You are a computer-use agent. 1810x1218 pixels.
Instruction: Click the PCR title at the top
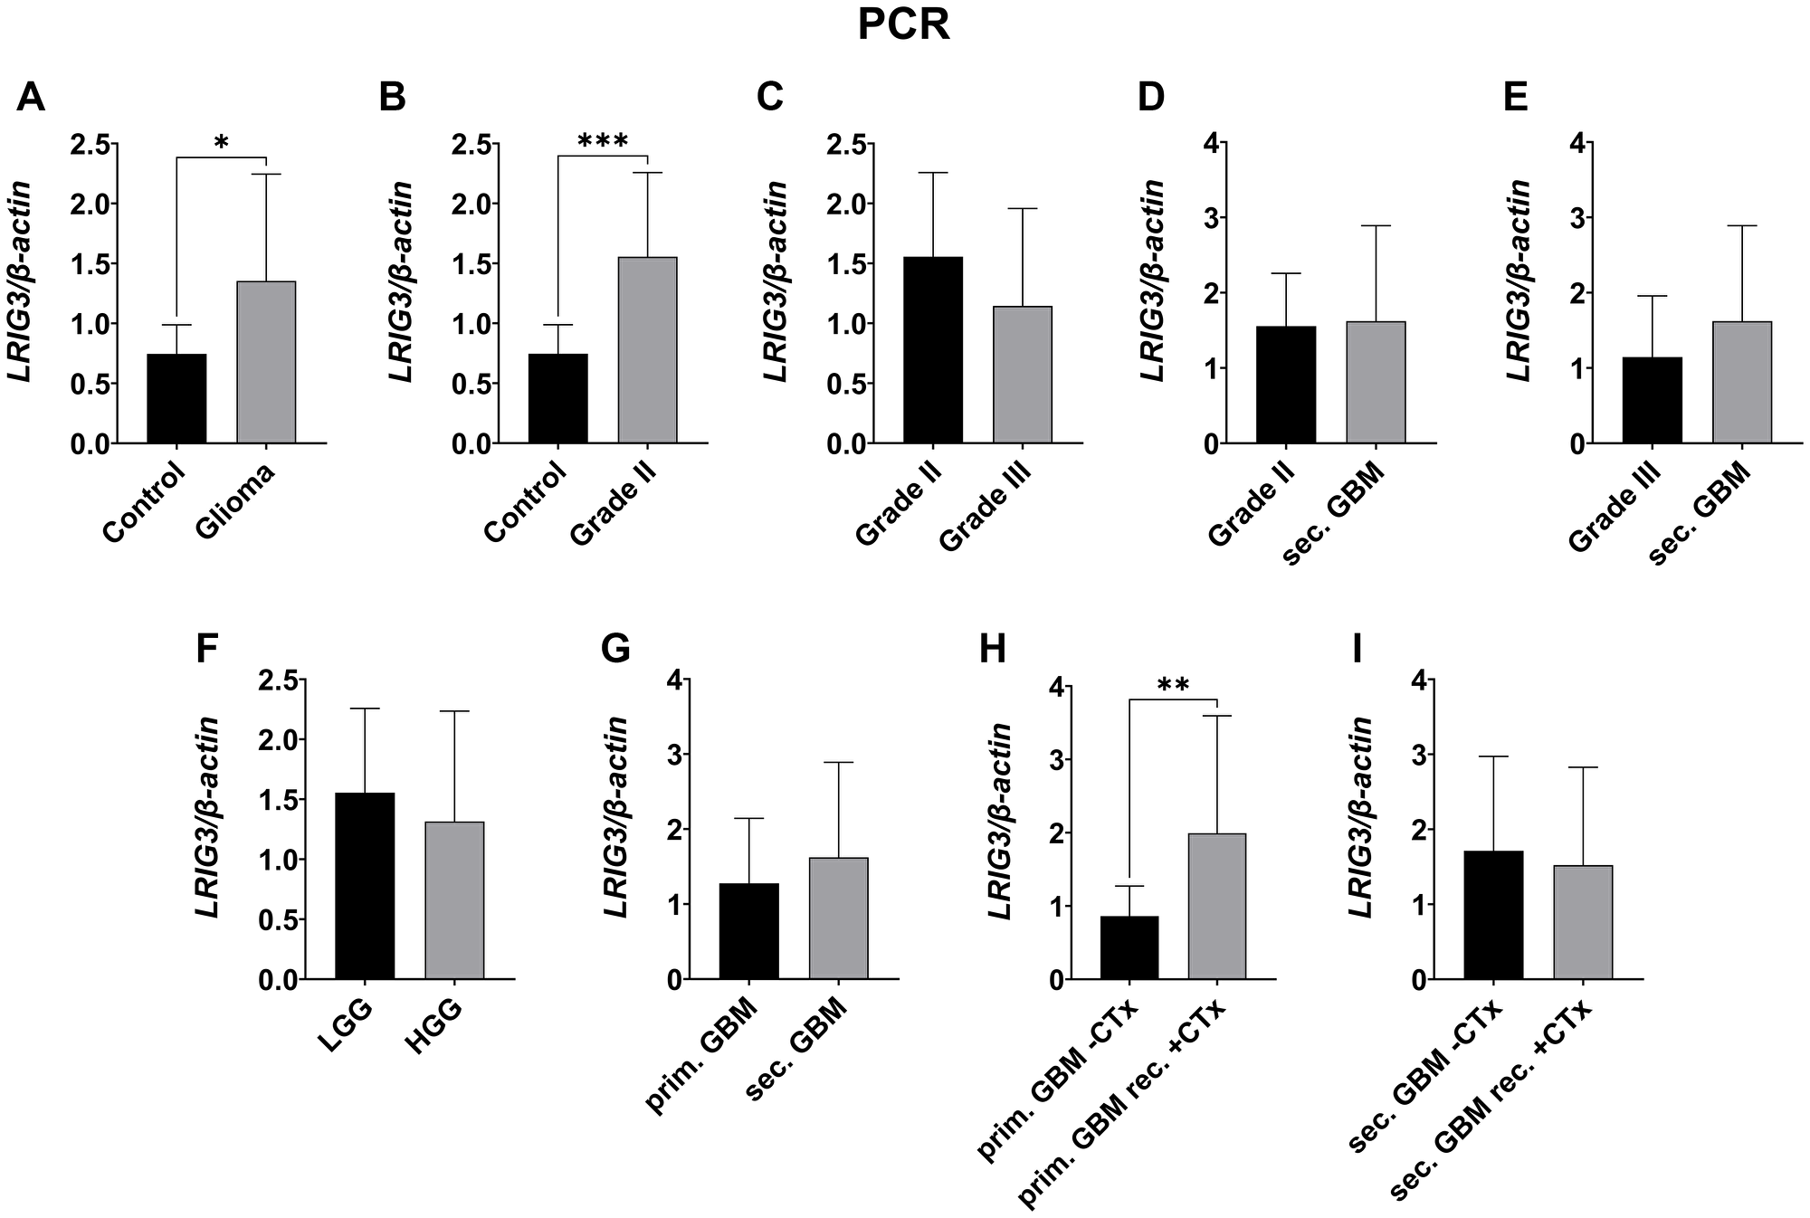(x=903, y=26)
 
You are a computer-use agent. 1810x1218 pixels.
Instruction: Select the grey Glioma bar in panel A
(x=266, y=362)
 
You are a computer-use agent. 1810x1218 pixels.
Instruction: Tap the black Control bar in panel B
(x=558, y=398)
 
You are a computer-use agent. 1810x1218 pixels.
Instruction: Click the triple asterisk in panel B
(x=602, y=141)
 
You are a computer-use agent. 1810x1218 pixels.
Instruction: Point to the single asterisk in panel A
(x=221, y=143)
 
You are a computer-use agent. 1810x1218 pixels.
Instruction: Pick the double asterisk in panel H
(x=1173, y=685)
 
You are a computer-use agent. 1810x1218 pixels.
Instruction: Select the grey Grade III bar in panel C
(x=1022, y=375)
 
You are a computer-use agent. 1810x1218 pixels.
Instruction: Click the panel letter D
(x=1150, y=98)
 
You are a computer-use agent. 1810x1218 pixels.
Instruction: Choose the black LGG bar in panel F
(x=365, y=886)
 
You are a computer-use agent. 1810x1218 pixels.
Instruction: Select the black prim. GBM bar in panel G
(x=749, y=931)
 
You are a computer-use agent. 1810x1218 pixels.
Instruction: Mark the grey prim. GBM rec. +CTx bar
(x=1217, y=906)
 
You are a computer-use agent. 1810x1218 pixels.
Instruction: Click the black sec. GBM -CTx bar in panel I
(x=1494, y=915)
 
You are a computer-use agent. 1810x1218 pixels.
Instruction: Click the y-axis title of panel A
(x=21, y=281)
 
